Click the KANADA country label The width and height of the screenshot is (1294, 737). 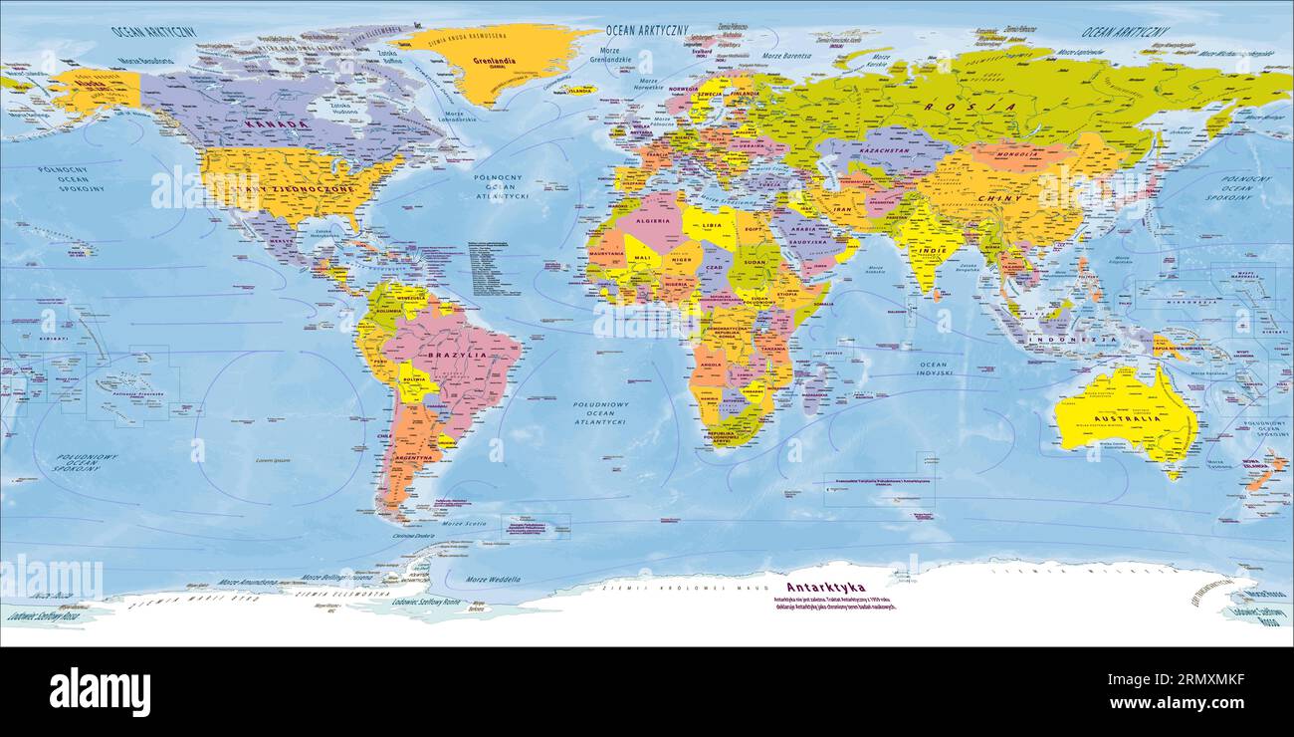tap(275, 124)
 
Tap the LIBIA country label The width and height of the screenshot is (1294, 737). tap(713, 225)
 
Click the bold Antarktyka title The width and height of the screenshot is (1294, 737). tap(825, 588)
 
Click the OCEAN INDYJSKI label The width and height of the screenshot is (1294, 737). tap(933, 368)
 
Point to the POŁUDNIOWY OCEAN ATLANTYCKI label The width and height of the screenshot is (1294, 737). tap(599, 413)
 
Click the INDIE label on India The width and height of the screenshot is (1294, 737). tap(933, 250)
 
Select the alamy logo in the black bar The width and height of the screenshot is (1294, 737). tap(101, 691)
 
